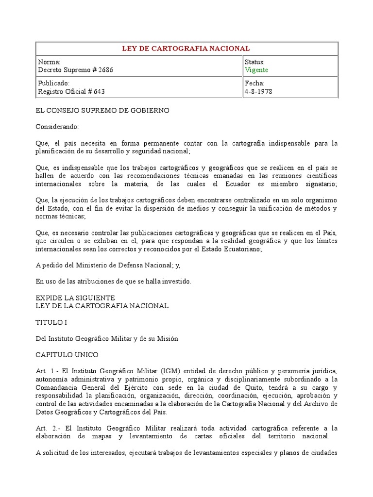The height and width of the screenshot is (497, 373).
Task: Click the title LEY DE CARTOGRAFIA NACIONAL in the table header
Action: click(187, 49)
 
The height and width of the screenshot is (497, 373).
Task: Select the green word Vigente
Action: click(256, 70)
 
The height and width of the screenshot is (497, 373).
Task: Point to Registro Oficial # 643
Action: click(71, 91)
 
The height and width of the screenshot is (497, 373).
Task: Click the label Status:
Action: click(255, 62)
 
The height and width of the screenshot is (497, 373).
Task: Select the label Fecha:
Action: click(254, 83)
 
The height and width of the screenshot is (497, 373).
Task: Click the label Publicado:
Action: click(53, 83)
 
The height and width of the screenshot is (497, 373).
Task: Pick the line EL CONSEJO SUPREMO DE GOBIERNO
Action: click(102, 111)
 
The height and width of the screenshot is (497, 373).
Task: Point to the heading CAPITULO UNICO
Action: click(67, 355)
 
